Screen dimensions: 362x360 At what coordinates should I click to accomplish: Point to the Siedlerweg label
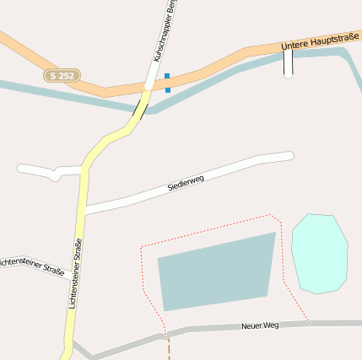[186, 181]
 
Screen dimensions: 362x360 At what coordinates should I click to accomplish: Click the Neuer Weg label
[260, 325]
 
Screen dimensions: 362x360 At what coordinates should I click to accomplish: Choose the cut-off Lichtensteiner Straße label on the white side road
[32, 266]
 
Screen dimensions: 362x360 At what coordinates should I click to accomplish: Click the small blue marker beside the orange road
[168, 82]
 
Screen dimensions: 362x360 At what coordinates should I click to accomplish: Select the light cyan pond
[320, 254]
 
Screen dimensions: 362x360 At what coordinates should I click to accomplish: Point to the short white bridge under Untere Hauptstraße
[289, 63]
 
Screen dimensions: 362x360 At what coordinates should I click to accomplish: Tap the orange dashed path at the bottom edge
[169, 349]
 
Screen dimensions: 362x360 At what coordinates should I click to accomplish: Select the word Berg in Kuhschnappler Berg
[170, 11]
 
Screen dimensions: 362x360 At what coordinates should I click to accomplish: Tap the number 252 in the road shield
[67, 76]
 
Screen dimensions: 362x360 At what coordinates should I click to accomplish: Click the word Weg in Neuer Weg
[270, 325]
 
